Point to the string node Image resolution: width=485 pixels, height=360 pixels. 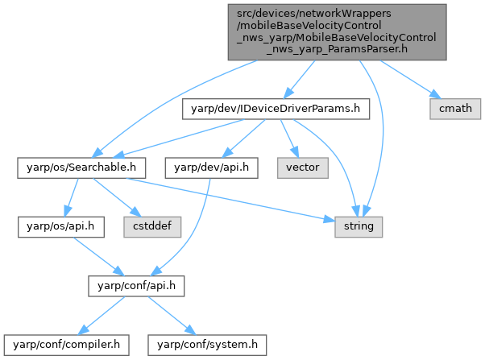click(x=359, y=226)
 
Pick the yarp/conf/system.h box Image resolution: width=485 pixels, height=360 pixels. click(x=207, y=345)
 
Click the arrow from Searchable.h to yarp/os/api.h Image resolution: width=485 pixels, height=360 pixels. click(x=72, y=197)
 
